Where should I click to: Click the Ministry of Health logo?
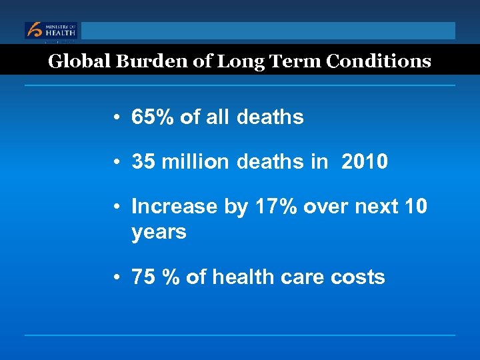point(51,31)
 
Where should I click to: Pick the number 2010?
point(364,162)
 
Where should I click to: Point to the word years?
point(159,233)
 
